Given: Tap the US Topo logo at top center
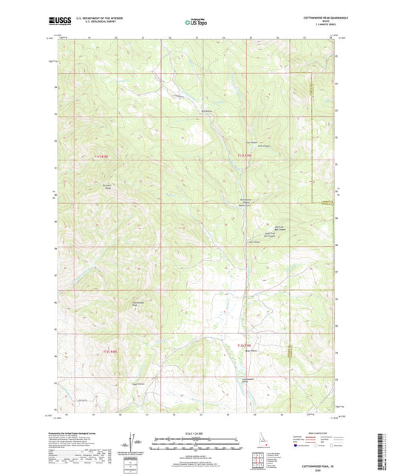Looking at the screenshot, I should tap(197, 22).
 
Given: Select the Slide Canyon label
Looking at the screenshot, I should tap(261, 146).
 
